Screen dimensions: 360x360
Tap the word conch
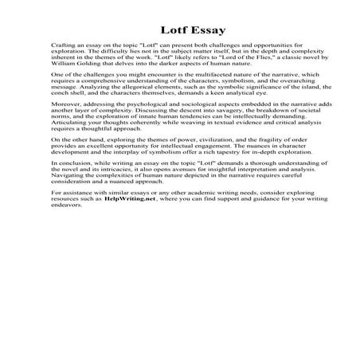tap(60, 92)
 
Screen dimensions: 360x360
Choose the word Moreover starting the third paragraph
tap(64, 104)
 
